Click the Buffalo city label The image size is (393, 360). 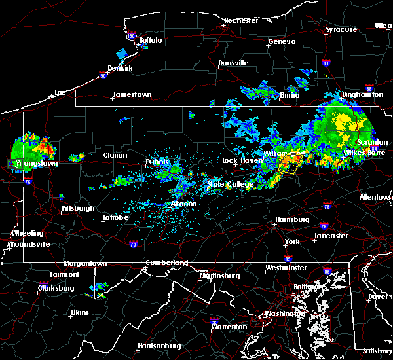(151, 41)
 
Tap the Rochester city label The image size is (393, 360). (241, 20)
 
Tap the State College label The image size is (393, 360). (231, 185)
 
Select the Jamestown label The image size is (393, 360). (132, 94)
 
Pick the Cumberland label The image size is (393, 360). (167, 262)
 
